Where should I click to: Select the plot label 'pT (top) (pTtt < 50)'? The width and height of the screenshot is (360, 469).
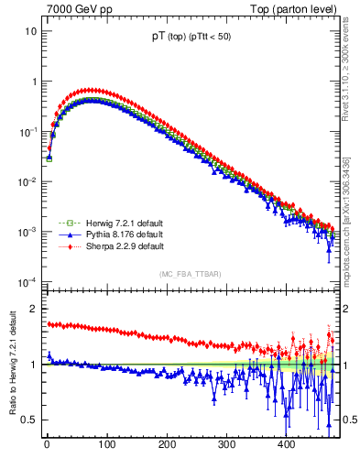[x=190, y=38]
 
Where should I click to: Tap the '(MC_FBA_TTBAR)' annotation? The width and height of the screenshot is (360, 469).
[x=190, y=275]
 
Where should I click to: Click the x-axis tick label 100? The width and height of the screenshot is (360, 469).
[x=106, y=444]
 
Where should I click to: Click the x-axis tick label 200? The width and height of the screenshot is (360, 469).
[x=167, y=444]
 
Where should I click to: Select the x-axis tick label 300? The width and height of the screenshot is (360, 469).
[x=226, y=444]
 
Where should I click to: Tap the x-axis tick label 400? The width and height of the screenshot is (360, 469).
[x=287, y=444]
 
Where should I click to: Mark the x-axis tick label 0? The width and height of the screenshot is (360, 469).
[x=47, y=444]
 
